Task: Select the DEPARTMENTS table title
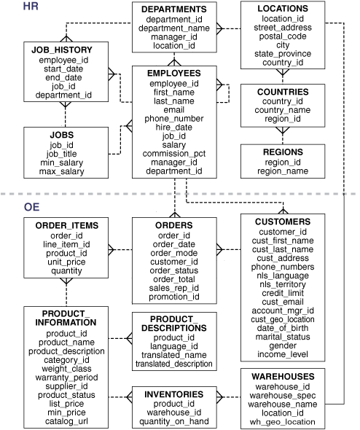point(175,9)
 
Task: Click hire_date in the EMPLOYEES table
point(174,127)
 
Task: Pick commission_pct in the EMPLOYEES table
point(174,154)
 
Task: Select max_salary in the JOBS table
point(62,172)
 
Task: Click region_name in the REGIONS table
point(282,172)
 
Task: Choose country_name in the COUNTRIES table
point(282,110)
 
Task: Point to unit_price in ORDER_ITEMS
point(66,259)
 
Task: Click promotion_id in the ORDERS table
point(174,297)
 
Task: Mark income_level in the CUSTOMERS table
point(283,353)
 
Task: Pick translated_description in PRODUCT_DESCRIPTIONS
point(174,363)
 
